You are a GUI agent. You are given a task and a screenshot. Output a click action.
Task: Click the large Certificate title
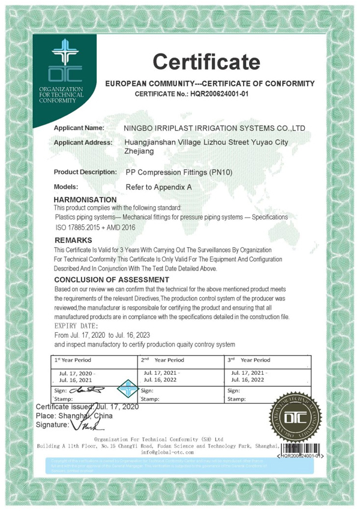tap(206, 61)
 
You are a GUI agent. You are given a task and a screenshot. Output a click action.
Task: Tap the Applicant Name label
tap(79, 128)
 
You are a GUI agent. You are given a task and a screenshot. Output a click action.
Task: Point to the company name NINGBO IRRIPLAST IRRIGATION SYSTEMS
tap(214, 128)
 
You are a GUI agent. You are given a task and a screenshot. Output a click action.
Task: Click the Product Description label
tap(85, 172)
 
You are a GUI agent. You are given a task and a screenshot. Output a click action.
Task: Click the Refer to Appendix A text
tap(158, 187)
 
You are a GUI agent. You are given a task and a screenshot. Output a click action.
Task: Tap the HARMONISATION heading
tap(85, 199)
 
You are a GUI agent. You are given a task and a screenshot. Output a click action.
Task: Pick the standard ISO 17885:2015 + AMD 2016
tap(95, 227)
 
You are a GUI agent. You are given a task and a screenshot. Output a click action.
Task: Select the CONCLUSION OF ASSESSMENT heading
tap(112, 279)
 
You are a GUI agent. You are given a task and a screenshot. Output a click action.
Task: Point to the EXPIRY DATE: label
tap(77, 326)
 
